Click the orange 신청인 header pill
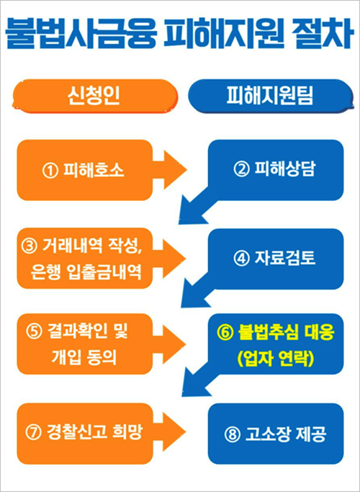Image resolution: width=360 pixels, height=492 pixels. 94,96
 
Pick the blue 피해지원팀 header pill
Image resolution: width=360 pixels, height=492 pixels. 271,96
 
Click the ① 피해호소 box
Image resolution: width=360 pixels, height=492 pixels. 85,170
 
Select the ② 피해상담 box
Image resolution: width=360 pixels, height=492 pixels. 276,170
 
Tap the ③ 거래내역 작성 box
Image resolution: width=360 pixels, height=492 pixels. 85,259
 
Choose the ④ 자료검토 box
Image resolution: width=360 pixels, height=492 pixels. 276,259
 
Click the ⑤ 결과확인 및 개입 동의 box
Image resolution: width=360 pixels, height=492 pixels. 85,344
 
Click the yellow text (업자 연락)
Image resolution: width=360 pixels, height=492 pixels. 276,358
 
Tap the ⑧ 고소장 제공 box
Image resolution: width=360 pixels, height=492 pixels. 276,434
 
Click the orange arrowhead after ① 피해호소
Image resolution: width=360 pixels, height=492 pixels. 175,170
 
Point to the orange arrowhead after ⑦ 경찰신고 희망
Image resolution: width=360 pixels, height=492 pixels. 174,431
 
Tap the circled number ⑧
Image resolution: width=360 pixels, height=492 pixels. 233,434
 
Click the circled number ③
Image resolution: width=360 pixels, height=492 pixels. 30,246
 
